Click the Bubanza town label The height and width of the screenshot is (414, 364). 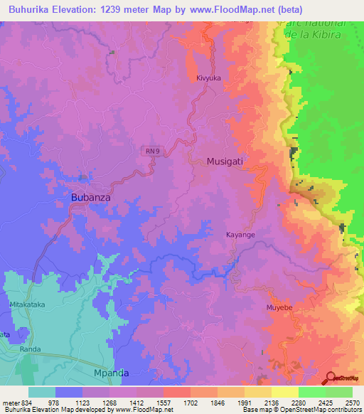(x=91, y=197)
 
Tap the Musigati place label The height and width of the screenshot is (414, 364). (x=225, y=161)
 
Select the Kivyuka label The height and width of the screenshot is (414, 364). (x=210, y=79)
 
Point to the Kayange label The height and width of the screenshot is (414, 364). (x=240, y=235)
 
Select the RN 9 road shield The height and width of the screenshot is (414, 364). (x=151, y=150)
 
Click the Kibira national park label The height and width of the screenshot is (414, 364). (x=314, y=28)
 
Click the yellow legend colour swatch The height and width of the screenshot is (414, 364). (x=285, y=392)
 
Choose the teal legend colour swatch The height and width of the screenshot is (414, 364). (x=42, y=392)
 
